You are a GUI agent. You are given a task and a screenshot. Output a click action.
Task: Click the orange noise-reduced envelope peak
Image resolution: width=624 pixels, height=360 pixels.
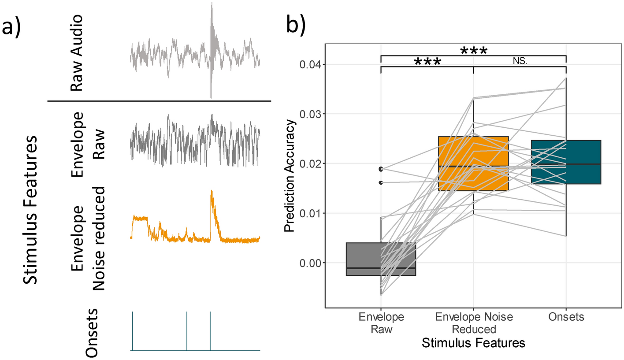pos(212,192)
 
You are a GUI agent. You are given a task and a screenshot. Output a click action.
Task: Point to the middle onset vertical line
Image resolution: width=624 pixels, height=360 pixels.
pos(186,331)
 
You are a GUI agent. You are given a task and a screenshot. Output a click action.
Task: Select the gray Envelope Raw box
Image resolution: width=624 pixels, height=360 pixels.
pos(381,259)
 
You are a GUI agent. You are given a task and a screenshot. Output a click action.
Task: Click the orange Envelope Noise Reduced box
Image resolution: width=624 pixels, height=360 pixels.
pos(473,163)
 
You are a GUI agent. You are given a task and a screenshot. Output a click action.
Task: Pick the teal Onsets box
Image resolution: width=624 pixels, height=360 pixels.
pos(566,162)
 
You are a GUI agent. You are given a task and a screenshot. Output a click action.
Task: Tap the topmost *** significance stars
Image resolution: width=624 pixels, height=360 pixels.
pos(473,51)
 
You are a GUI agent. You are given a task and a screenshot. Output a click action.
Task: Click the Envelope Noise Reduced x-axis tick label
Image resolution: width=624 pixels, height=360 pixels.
pos(472,323)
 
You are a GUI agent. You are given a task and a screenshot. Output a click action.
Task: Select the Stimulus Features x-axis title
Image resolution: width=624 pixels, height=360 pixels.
pos(473,343)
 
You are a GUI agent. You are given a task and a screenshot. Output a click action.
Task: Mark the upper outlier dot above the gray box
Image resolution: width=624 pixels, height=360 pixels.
pos(381,169)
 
